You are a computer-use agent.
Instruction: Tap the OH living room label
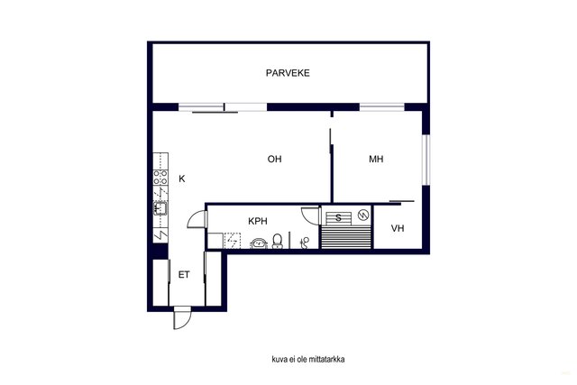274,159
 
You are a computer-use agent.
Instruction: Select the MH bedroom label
376,159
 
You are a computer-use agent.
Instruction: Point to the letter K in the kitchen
182,179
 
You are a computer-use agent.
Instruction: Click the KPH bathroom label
258,221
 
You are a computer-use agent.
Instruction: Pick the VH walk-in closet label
398,229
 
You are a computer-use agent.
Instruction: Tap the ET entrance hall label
184,275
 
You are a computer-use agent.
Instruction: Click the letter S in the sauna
339,218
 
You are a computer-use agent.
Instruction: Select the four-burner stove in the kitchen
160,177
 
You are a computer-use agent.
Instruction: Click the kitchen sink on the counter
160,208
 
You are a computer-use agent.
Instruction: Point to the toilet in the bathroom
278,241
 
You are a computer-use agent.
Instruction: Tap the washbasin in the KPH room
259,243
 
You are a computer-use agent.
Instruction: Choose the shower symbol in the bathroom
305,243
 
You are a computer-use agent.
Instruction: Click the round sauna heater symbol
363,215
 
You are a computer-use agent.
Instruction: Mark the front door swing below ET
182,318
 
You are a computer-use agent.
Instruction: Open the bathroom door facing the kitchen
197,219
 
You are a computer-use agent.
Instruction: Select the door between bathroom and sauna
310,215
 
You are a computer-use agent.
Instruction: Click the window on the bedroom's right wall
426,160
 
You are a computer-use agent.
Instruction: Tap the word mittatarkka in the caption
327,359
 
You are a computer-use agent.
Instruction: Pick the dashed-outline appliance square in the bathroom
233,241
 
